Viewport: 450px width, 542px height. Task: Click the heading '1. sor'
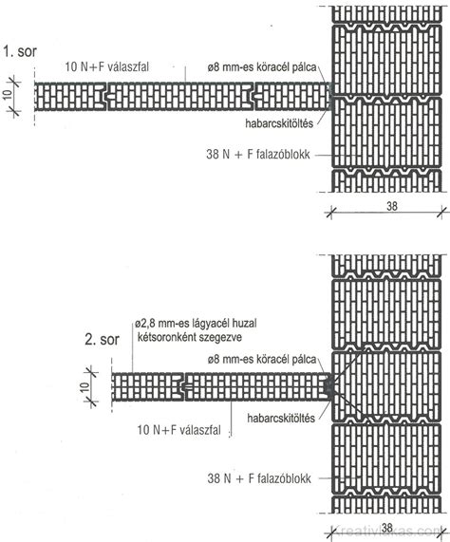pyautogui.click(x=20, y=51)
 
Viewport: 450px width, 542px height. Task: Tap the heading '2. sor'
pyautogui.click(x=102, y=340)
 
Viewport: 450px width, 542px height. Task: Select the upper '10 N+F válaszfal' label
pyautogui.click(x=106, y=66)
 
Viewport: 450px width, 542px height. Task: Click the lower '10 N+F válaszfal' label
pyautogui.click(x=178, y=430)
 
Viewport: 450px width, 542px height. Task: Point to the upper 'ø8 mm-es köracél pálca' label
pyautogui.click(x=262, y=67)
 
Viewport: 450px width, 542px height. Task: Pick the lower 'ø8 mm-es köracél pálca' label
pyautogui.click(x=262, y=360)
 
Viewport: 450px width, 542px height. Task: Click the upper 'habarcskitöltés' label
pyautogui.click(x=279, y=123)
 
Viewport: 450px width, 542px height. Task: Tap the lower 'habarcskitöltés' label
pyautogui.click(x=281, y=419)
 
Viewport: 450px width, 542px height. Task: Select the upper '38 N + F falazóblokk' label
pyautogui.click(x=258, y=154)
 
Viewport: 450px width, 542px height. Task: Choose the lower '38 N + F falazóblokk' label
pyautogui.click(x=259, y=478)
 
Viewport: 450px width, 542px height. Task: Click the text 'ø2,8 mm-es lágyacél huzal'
pyautogui.click(x=196, y=324)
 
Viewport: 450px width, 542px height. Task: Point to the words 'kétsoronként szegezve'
pyautogui.click(x=190, y=337)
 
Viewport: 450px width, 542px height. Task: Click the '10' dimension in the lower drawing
pyautogui.click(x=85, y=386)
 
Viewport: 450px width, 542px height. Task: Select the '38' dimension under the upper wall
pyautogui.click(x=392, y=206)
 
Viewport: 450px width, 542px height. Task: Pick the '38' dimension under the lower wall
pyautogui.click(x=387, y=528)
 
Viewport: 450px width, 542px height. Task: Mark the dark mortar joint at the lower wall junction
pyautogui.click(x=328, y=386)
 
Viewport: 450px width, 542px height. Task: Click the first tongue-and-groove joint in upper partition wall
pyautogui.click(x=106, y=97)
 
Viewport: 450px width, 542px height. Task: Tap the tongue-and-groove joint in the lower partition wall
pyautogui.click(x=184, y=386)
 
